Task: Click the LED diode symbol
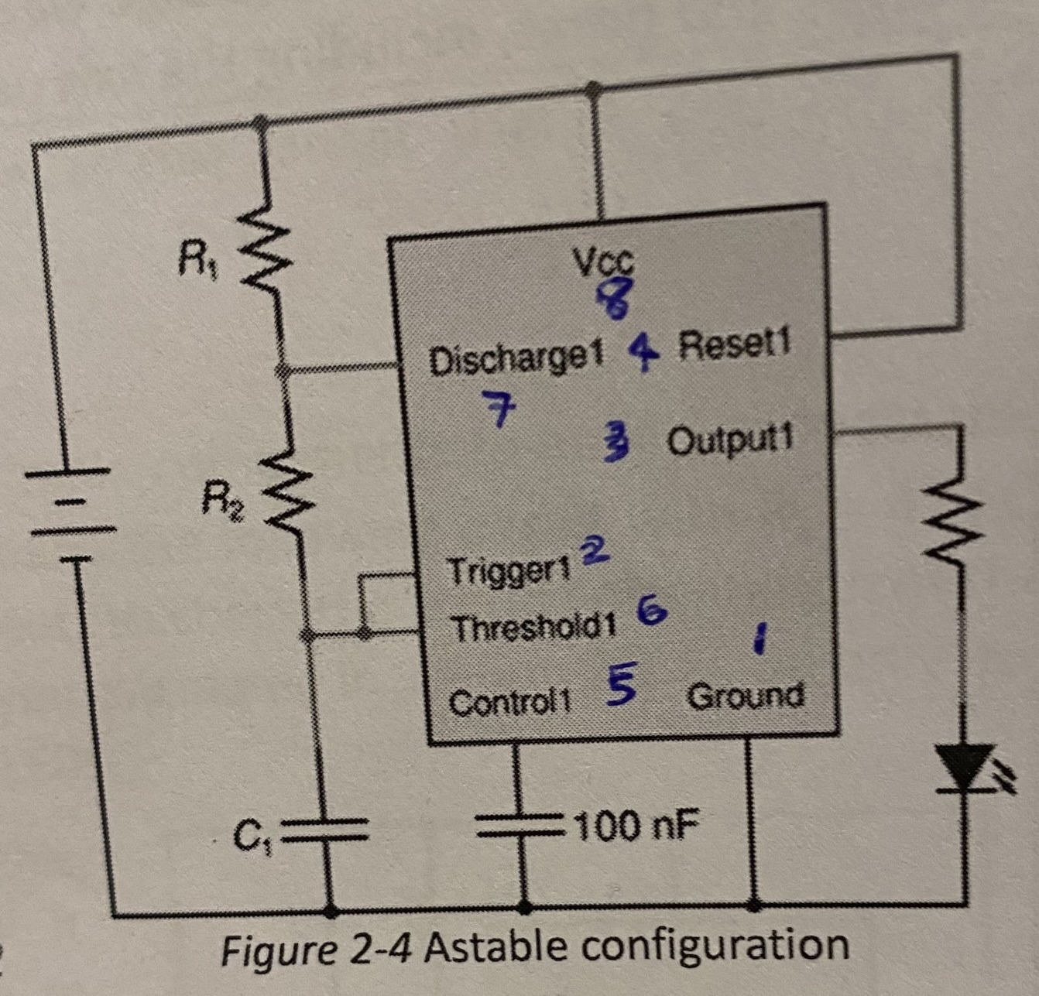pos(962,767)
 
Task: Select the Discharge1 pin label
pos(516,360)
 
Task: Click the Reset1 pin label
pos(734,344)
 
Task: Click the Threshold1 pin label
pos(534,628)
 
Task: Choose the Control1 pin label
pos(509,703)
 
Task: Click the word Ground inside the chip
pos(745,696)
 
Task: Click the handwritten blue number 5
pos(621,684)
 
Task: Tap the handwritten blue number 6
pos(652,611)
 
